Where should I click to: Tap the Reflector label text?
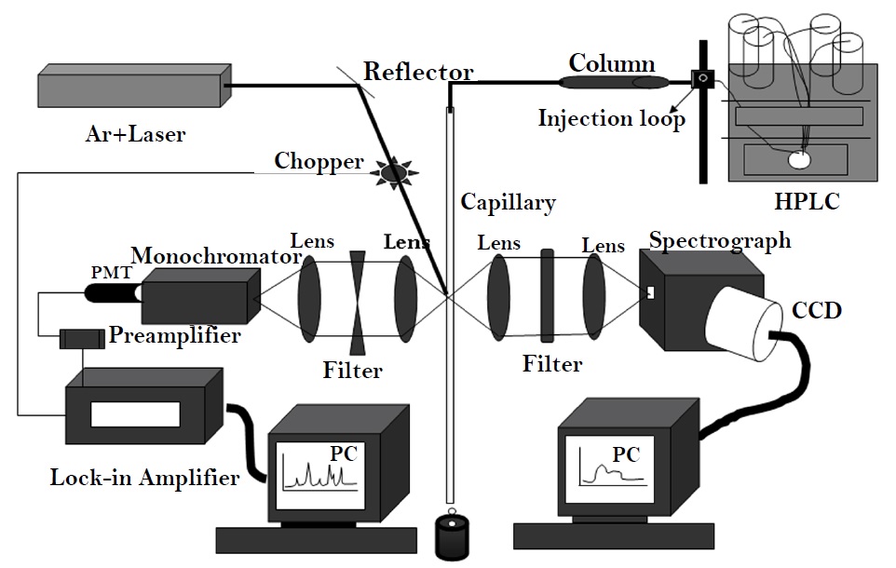pyautogui.click(x=418, y=72)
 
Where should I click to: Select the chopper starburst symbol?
pyautogui.click(x=391, y=170)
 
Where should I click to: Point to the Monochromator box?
pyautogui.click(x=195, y=295)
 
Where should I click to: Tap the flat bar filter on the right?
pyautogui.click(x=547, y=296)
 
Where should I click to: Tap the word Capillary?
pyautogui.click(x=508, y=202)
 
